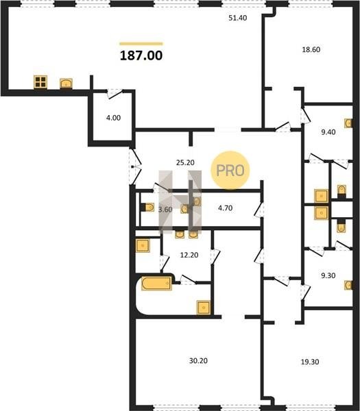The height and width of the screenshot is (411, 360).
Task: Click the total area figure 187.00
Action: click(x=141, y=55)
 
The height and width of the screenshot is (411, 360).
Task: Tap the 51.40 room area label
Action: click(x=238, y=18)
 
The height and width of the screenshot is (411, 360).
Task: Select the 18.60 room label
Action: click(x=311, y=49)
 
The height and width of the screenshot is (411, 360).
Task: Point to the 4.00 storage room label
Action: click(x=113, y=118)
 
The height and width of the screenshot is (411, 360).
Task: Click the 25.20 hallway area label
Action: click(x=185, y=162)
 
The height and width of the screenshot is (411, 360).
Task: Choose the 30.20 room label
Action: click(x=198, y=361)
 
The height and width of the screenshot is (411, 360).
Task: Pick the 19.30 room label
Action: click(x=310, y=362)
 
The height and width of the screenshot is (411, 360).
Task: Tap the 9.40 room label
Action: click(x=328, y=132)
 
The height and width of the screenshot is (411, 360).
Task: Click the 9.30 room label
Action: click(x=328, y=275)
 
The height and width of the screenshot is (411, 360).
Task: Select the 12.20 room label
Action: click(x=189, y=255)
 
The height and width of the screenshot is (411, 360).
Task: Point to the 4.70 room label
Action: click(x=226, y=208)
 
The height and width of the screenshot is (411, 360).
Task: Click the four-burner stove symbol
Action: click(x=40, y=82)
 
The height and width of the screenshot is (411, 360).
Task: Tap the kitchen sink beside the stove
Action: click(x=66, y=84)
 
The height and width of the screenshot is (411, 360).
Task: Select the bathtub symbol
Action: click(x=156, y=283)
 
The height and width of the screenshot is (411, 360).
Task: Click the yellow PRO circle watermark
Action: click(x=230, y=170)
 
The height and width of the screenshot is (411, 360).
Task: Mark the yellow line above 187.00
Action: click(x=141, y=44)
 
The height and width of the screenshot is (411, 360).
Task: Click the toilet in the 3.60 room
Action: click(x=147, y=208)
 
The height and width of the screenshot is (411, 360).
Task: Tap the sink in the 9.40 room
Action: click(x=348, y=123)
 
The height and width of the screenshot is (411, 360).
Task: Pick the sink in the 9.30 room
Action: click(x=348, y=285)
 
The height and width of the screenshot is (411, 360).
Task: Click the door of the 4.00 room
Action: click(x=115, y=94)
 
